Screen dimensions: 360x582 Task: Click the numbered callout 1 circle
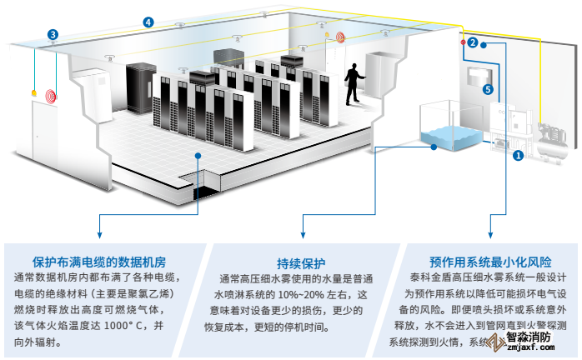[x=518, y=155]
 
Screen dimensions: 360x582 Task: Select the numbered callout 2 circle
[x=472, y=42]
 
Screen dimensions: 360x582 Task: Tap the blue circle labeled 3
[x=53, y=35]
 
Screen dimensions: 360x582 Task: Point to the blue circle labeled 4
[x=148, y=22]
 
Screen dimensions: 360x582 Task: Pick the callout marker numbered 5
[x=488, y=89]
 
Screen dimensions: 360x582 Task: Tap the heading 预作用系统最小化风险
[x=481, y=260]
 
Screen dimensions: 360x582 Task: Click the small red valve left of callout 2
[x=462, y=42]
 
